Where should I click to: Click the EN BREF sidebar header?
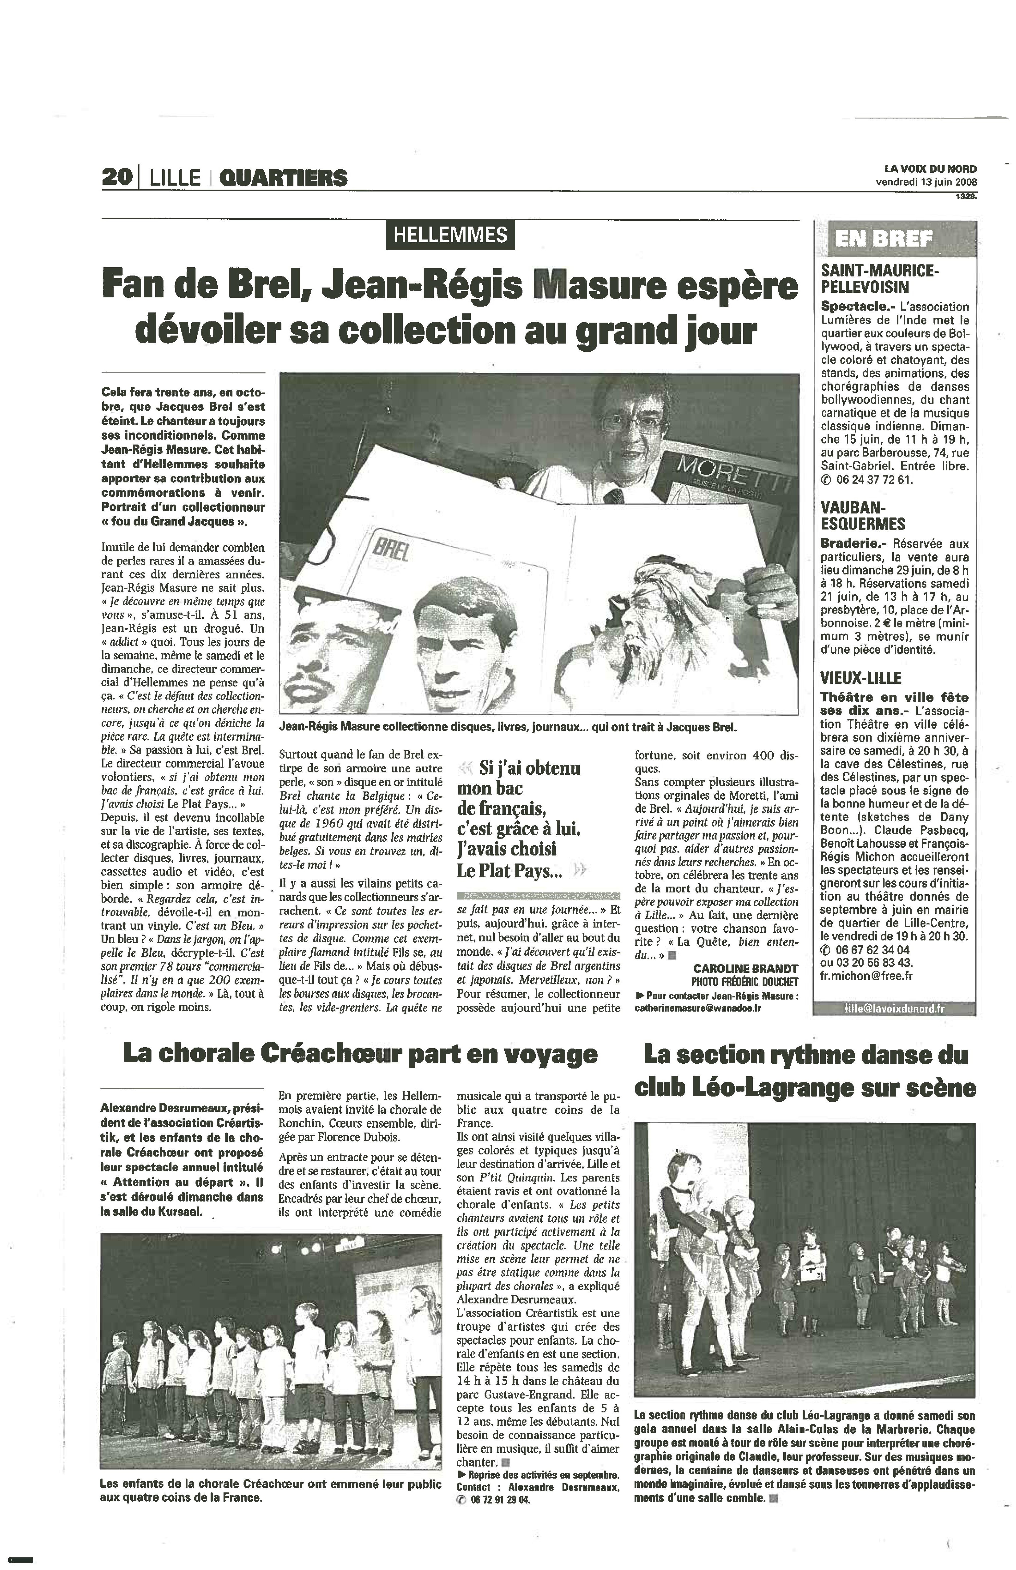(883, 239)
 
